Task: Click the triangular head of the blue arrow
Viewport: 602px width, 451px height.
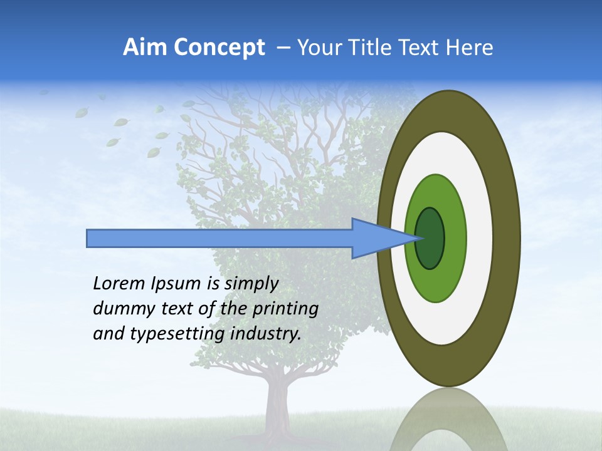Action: point(376,239)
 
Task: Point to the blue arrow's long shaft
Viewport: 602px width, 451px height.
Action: point(219,239)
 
